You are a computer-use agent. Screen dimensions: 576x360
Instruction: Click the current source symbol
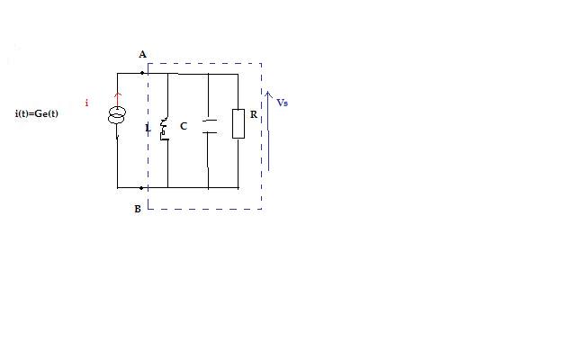pyautogui.click(x=118, y=117)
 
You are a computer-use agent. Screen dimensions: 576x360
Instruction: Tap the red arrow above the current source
pyautogui.click(x=118, y=96)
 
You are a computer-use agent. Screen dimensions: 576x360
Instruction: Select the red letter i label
pyautogui.click(x=86, y=103)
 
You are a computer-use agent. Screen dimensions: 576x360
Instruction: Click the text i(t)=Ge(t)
pyautogui.click(x=37, y=113)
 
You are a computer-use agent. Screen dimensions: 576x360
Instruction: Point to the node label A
pyautogui.click(x=142, y=55)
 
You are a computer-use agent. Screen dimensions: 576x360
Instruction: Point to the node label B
pyautogui.click(x=137, y=209)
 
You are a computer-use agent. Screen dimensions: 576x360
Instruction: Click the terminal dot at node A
pyautogui.click(x=142, y=73)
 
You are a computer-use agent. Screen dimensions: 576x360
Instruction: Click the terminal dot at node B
pyautogui.click(x=142, y=188)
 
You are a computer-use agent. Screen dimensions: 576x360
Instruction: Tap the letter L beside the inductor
pyautogui.click(x=148, y=128)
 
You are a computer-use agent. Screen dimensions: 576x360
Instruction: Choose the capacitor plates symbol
pyautogui.click(x=209, y=126)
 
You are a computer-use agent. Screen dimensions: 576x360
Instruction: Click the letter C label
pyautogui.click(x=184, y=126)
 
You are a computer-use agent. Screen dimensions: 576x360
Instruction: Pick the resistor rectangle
pyautogui.click(x=238, y=124)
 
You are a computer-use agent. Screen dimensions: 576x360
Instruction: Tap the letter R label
pyautogui.click(x=254, y=115)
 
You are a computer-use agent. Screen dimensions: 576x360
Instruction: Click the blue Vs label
pyautogui.click(x=282, y=103)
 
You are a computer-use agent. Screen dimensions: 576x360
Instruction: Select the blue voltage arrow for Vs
pyautogui.click(x=267, y=130)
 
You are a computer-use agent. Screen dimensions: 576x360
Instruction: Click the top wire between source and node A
pyautogui.click(x=130, y=73)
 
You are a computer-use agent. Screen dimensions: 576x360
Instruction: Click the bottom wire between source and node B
pyautogui.click(x=130, y=188)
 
